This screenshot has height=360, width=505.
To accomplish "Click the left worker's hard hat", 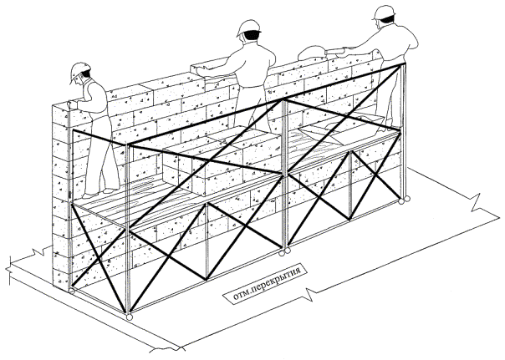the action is point(80,68).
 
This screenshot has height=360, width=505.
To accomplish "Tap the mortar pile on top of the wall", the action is point(311,51).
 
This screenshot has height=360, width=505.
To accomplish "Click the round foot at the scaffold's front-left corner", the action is point(130,317).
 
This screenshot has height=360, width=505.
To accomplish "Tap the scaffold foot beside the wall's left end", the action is point(73,293).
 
